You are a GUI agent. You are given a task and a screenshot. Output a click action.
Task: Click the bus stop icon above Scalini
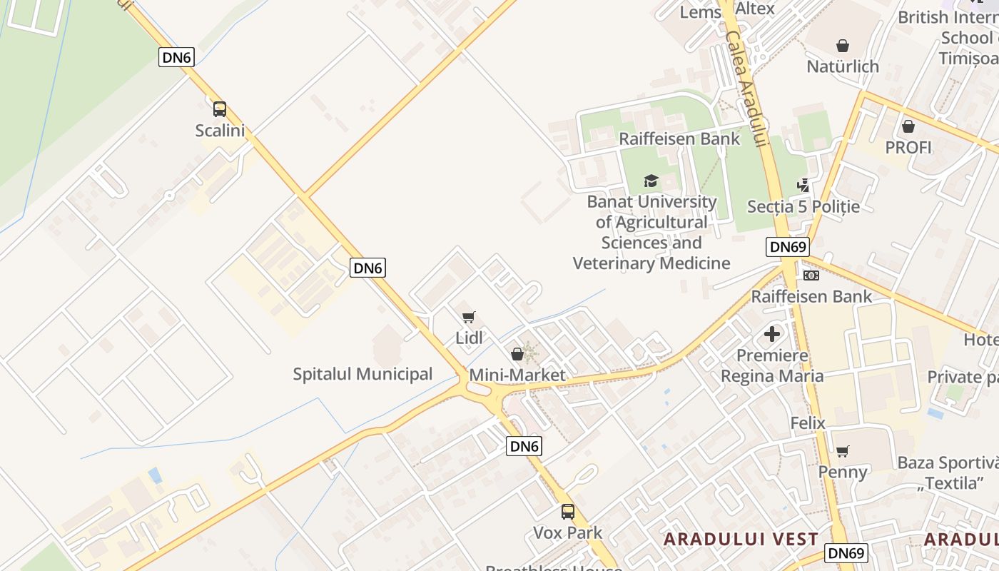[220, 109]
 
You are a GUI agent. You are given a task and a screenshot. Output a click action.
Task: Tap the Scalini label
[220, 131]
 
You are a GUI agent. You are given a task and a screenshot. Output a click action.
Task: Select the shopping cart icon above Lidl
[469, 317]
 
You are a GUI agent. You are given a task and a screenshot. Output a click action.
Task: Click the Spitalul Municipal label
[362, 374]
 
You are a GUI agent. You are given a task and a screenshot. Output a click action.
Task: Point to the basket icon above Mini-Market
[517, 354]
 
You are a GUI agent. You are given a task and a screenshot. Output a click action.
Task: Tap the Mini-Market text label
[517, 375]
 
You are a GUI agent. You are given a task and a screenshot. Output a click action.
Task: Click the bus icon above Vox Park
[568, 512]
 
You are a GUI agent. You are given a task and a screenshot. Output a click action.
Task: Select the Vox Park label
[568, 533]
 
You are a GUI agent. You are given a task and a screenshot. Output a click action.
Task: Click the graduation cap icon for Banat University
[651, 181]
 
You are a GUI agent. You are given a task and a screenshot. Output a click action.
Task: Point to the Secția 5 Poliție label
[803, 207]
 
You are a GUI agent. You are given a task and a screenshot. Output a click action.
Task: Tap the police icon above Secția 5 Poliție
[803, 186]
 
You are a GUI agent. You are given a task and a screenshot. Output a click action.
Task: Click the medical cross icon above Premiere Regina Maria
[772, 334]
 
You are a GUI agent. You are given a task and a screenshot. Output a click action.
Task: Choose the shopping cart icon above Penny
[843, 451]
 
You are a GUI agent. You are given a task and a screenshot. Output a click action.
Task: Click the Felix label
[808, 423]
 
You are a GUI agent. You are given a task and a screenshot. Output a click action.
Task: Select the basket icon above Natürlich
[843, 46]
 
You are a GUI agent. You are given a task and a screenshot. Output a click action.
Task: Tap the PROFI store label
[908, 148]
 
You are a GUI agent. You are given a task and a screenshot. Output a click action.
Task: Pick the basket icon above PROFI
[908, 127]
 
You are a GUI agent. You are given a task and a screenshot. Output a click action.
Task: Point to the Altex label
[755, 9]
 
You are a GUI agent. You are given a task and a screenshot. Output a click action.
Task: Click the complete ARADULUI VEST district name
[741, 540]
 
